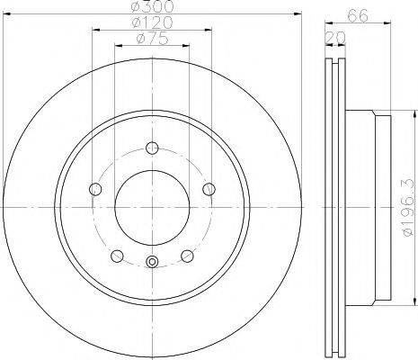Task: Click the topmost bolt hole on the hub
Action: point(152,148)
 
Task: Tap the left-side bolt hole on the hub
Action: point(95,189)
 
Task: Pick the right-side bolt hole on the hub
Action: point(209,189)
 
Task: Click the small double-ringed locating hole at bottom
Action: point(152,263)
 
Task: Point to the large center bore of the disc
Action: point(152,208)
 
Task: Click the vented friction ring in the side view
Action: point(334,206)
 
